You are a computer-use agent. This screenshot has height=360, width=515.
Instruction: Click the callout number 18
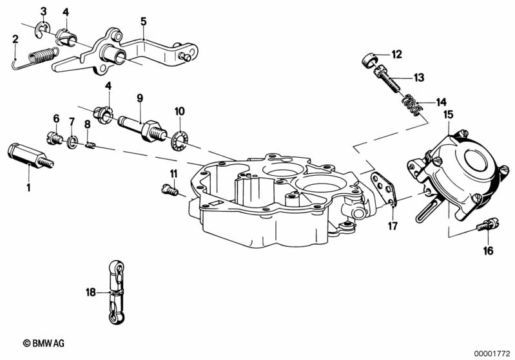90,292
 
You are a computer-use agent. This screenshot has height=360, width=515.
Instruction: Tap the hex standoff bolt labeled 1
29,156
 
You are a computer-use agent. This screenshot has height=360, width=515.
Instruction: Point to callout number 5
143,21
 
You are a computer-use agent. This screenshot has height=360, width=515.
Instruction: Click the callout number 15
447,115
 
